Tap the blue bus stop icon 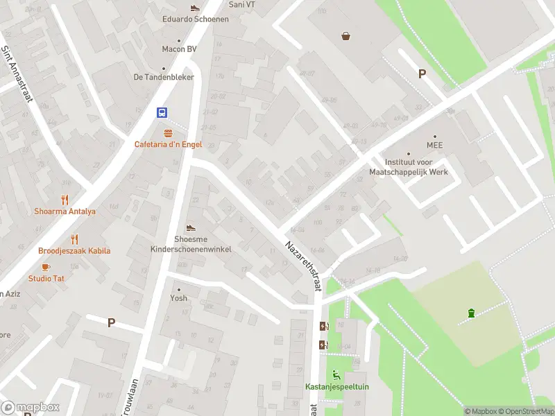coord(162,113)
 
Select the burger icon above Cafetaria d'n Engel coord(167,132)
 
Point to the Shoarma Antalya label coord(65,211)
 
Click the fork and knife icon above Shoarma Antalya coord(65,200)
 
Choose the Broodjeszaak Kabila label coord(74,251)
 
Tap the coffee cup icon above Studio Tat coord(46,267)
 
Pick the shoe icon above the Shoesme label coord(191,227)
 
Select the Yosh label coord(178,298)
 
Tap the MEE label coord(435,146)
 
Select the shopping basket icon coord(346,36)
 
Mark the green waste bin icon coord(472,313)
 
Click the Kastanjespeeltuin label coord(336,386)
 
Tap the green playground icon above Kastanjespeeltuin coord(337,374)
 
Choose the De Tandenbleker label coord(164,77)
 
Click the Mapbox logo coord(31,408)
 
